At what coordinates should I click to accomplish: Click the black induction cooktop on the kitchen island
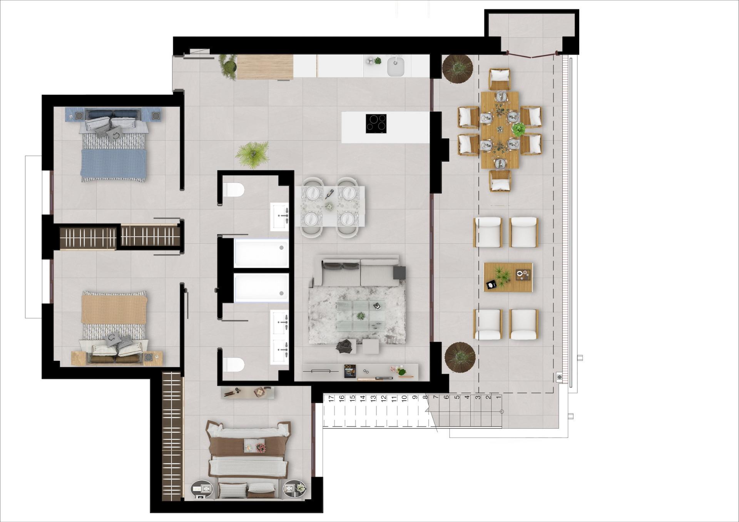point(376,123)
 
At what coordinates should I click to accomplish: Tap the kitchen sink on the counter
point(395,67)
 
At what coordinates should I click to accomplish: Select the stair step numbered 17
point(331,399)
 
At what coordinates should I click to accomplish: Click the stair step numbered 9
point(415,399)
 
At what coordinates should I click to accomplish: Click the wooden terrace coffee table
point(508,277)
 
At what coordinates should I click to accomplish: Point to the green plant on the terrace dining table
point(519,129)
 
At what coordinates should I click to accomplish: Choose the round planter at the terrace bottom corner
point(460,357)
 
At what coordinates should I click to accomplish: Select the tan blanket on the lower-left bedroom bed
point(114,307)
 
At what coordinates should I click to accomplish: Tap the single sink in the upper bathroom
point(279,216)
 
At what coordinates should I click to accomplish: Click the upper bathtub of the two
point(261,253)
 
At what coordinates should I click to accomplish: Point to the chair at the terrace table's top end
point(500,79)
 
